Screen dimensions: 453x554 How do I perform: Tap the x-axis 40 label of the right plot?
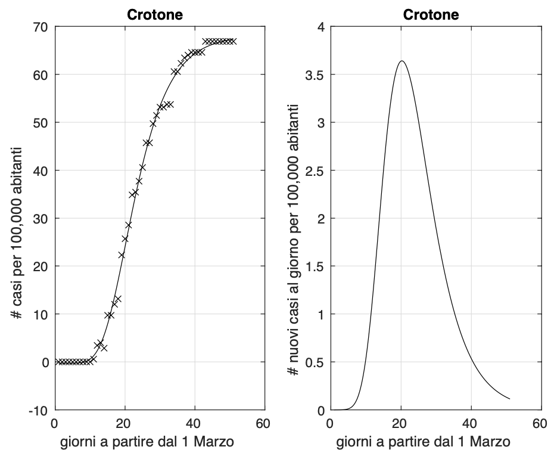471,424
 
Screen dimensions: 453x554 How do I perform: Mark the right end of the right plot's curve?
510,398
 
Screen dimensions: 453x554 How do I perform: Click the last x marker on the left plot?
234,41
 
